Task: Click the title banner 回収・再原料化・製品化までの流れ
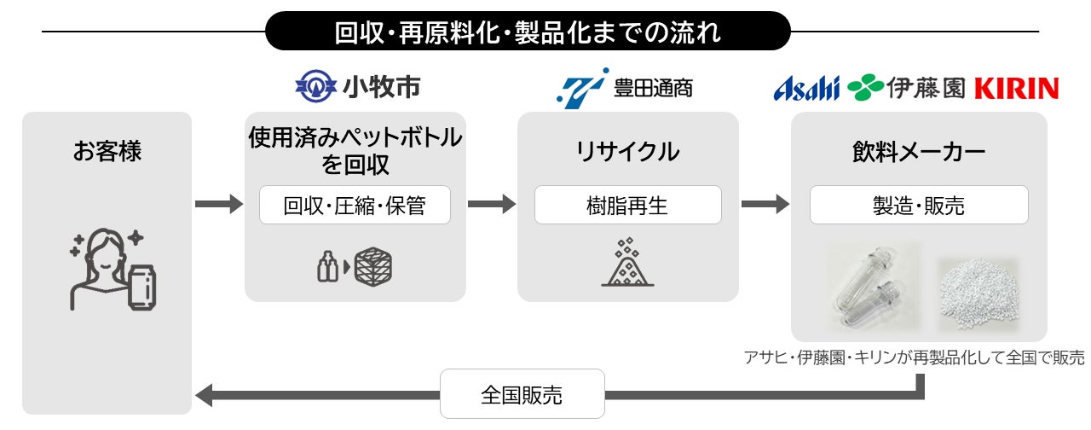(528, 32)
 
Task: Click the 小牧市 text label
(381, 87)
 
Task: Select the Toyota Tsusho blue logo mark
(582, 87)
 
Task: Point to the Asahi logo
(806, 88)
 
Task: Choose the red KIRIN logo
(1015, 88)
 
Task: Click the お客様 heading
(107, 153)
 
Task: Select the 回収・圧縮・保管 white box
(355, 205)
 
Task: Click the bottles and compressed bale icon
(355, 267)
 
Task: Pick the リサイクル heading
(627, 153)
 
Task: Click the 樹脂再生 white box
(627, 205)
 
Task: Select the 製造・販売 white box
(919, 205)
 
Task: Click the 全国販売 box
(522, 394)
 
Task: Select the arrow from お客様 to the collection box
(218, 205)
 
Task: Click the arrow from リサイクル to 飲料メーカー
(765, 205)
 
